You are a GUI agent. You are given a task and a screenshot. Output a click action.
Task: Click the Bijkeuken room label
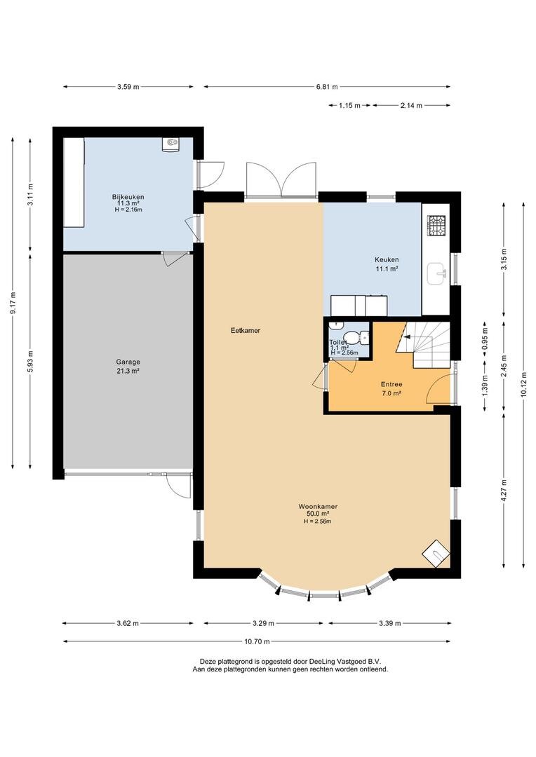(x=128, y=197)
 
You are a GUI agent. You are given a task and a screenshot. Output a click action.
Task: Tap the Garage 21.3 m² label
(x=128, y=367)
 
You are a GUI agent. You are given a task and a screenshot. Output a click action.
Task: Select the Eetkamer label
(x=246, y=331)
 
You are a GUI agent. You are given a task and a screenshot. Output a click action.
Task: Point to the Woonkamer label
(x=318, y=507)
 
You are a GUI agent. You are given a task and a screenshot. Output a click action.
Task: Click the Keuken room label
(x=387, y=260)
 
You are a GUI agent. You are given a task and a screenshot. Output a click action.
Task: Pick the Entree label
(x=391, y=384)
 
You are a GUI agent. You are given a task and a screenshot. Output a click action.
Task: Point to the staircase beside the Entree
(x=423, y=345)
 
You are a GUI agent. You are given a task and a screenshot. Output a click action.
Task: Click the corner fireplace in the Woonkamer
(x=436, y=554)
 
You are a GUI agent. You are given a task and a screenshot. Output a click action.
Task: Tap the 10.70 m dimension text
(x=257, y=641)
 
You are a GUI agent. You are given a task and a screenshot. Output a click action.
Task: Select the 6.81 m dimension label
(x=327, y=87)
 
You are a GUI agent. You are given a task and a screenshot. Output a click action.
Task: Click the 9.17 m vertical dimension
(x=13, y=303)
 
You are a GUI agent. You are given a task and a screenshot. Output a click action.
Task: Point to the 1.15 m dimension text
(x=349, y=105)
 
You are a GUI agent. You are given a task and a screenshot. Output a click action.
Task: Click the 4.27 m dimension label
(x=504, y=491)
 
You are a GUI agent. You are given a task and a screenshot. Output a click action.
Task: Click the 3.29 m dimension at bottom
(x=263, y=623)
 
